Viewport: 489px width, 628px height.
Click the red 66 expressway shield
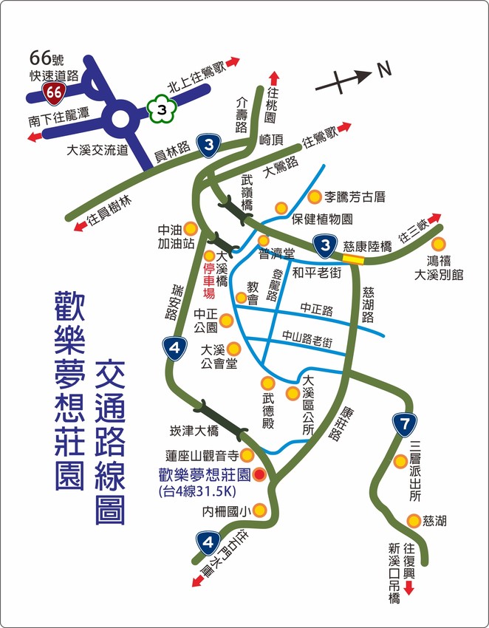point(53,92)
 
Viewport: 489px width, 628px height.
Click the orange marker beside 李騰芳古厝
point(315,197)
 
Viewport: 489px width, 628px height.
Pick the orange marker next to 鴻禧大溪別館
point(439,244)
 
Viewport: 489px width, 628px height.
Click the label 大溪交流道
point(98,149)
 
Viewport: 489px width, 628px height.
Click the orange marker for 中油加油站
point(191,229)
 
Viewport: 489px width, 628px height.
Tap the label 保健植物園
point(322,219)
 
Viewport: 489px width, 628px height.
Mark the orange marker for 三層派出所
point(400,462)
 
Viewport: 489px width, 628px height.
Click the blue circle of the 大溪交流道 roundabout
point(121,117)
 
